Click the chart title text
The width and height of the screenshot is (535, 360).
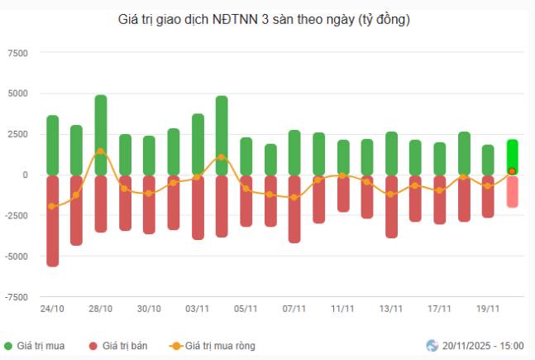pyautogui.click(x=265, y=19)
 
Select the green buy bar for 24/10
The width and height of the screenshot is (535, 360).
pyautogui.click(x=52, y=145)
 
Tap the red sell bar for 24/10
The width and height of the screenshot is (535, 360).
pyautogui.click(x=52, y=220)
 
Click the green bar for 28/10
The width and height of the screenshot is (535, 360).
pyautogui.click(x=100, y=135)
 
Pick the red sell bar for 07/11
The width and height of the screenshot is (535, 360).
pyautogui.click(x=294, y=209)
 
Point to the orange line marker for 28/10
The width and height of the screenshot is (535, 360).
pyautogui.click(x=100, y=151)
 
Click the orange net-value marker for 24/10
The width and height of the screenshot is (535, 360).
pyautogui.click(x=52, y=206)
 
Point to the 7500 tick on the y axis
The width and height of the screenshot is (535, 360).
pyautogui.click(x=17, y=53)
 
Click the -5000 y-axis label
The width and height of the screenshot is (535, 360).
pyautogui.click(x=16, y=257)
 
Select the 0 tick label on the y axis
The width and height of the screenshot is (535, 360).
pyautogui.click(x=25, y=175)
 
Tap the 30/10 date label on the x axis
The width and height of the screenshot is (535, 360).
pyautogui.click(x=149, y=309)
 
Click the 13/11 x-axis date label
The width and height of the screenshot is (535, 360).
pyautogui.click(x=391, y=309)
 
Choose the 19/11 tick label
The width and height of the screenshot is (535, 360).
pyautogui.click(x=488, y=309)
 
